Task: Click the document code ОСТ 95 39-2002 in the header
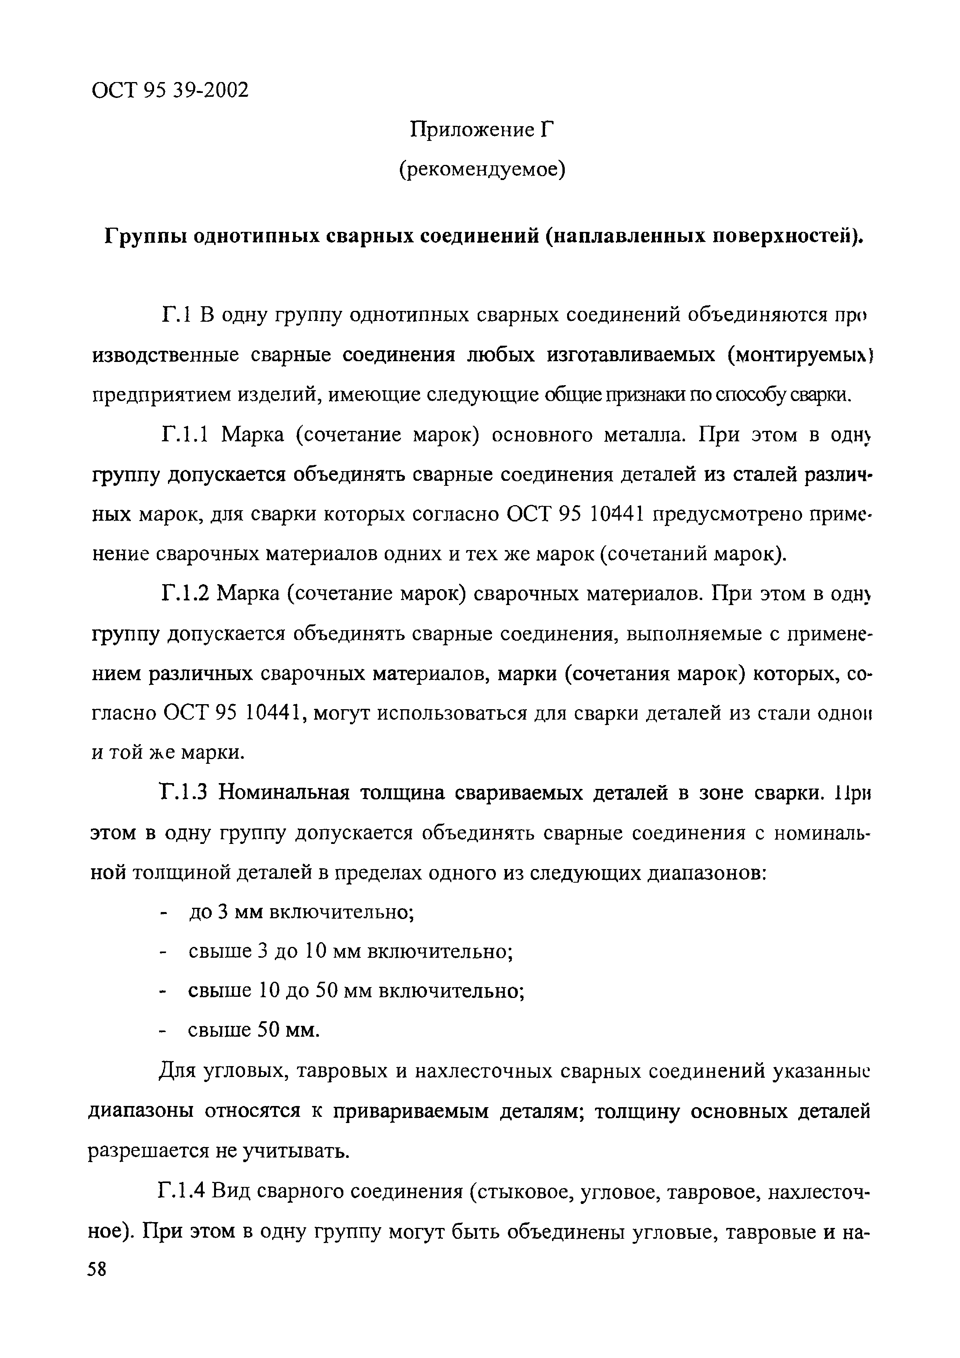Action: (x=170, y=91)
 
